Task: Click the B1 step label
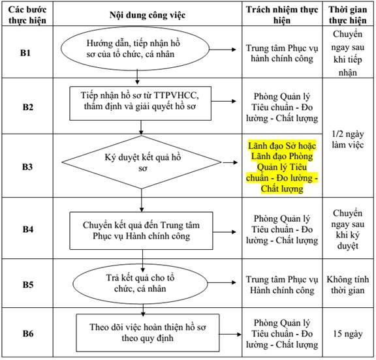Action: pyautogui.click(x=25, y=53)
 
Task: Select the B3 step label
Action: pyautogui.click(x=27, y=167)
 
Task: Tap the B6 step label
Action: pyautogui.click(x=28, y=333)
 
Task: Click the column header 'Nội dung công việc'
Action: pyautogui.click(x=148, y=15)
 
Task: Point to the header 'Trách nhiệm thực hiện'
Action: pyautogui.click(x=282, y=15)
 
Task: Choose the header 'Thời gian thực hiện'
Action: pyautogui.click(x=348, y=15)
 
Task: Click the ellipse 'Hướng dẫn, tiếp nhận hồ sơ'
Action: pyautogui.click(x=135, y=49)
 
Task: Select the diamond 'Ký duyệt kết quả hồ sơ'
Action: pyautogui.click(x=142, y=162)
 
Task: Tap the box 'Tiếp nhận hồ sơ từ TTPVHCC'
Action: pyautogui.click(x=140, y=103)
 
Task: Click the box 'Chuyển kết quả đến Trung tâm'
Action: pyautogui.click(x=141, y=231)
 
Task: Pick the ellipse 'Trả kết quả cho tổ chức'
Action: pyautogui.click(x=140, y=284)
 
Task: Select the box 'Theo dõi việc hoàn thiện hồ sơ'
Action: pyautogui.click(x=148, y=333)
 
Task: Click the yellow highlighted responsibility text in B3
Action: pyautogui.click(x=282, y=167)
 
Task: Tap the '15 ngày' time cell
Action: pyautogui.click(x=348, y=334)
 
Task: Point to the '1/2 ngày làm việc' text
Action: pyautogui.click(x=348, y=139)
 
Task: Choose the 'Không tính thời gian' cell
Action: pyautogui.click(x=348, y=285)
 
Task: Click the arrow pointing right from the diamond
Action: pyautogui.click(x=230, y=162)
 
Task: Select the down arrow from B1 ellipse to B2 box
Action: pyautogui.click(x=137, y=77)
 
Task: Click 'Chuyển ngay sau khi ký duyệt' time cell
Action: pyautogui.click(x=348, y=230)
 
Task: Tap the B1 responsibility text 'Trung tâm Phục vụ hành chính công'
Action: pyautogui.click(x=282, y=53)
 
